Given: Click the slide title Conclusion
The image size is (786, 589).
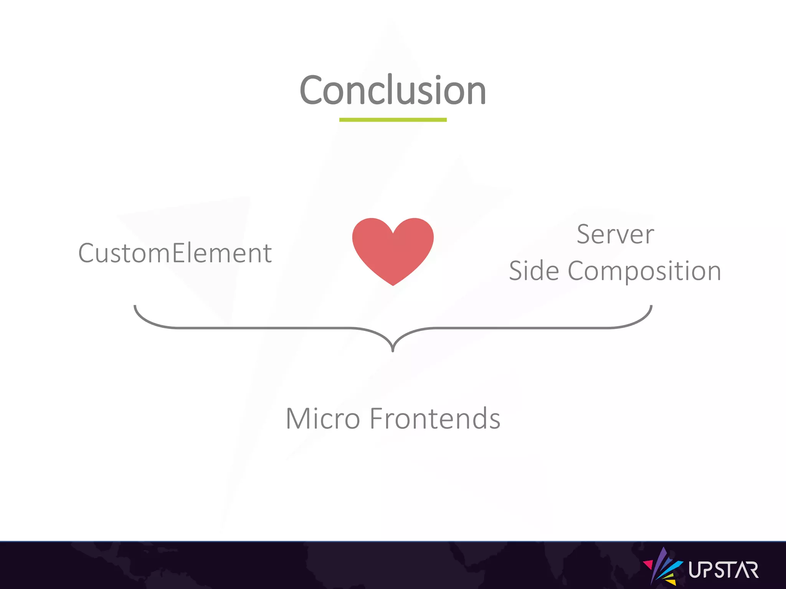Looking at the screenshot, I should [393, 90].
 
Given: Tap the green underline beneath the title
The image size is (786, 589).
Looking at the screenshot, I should [393, 120].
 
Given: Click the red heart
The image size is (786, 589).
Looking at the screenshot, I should [393, 249].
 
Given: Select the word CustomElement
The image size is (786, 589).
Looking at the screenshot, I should [175, 253].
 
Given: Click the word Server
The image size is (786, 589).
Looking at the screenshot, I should [615, 234].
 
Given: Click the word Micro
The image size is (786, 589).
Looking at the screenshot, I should [323, 418].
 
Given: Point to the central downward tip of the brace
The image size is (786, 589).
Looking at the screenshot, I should [393, 350].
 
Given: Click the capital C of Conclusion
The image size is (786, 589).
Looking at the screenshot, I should [312, 90].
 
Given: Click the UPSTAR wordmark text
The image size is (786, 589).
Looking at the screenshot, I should [723, 570].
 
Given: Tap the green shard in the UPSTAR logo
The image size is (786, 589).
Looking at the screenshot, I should [669, 576].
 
